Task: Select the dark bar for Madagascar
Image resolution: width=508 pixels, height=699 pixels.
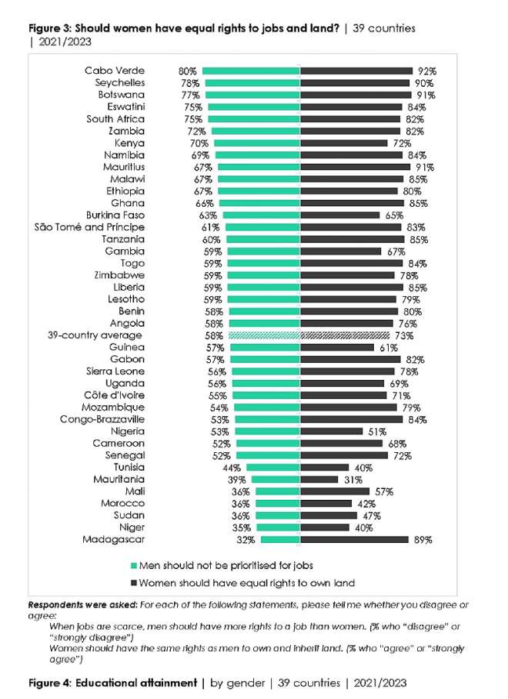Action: click(354, 540)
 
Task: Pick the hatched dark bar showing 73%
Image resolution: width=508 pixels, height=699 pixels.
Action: click(344, 336)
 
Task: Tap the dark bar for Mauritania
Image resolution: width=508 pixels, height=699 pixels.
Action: click(319, 480)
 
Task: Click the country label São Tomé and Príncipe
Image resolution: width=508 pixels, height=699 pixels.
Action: click(90, 228)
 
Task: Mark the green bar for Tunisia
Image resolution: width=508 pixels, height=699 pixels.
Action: click(273, 468)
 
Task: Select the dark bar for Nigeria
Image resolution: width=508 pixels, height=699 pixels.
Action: click(331, 431)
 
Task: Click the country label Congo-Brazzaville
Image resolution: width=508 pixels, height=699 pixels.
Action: click(102, 420)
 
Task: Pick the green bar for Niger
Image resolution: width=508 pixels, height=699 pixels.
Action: click(278, 528)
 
